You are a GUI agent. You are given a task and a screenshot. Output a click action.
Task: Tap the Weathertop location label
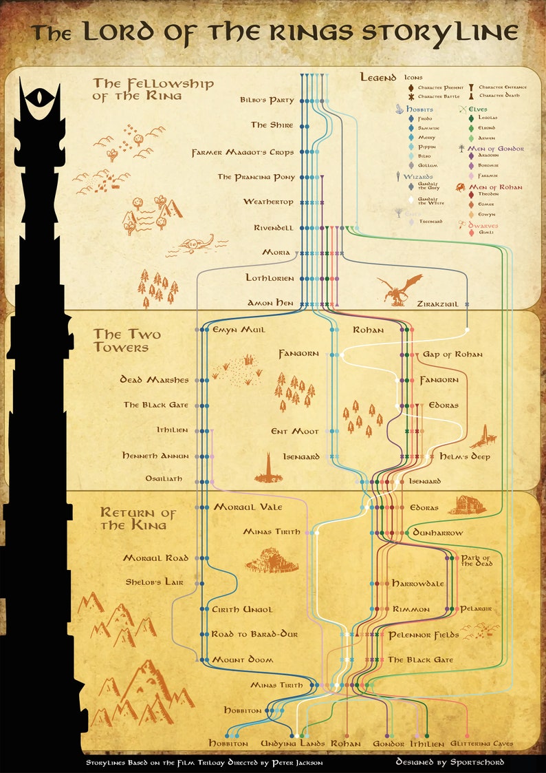[x=267, y=202]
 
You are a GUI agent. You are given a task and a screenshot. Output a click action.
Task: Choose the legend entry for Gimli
[x=486, y=233]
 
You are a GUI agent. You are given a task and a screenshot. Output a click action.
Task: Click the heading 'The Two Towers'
[x=121, y=341]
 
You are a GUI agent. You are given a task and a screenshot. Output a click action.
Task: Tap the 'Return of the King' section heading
[x=138, y=519]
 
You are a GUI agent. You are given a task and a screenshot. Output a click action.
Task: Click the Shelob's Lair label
[x=154, y=582]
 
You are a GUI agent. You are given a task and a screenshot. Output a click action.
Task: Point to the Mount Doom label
[x=242, y=660]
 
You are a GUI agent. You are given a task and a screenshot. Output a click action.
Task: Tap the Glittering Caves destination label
[x=481, y=744]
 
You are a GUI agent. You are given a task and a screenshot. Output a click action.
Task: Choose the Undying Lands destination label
[x=292, y=744]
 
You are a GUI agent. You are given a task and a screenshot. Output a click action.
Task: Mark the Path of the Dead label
[x=475, y=560]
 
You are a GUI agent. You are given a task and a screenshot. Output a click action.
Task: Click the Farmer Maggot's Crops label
[x=242, y=152]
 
